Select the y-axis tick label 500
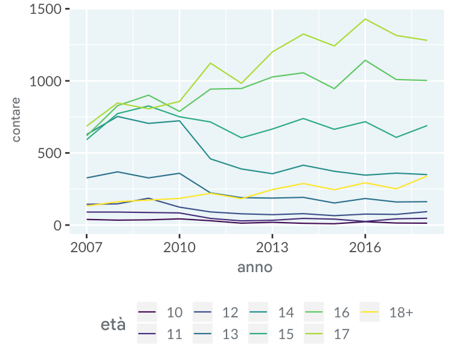coord(49,153)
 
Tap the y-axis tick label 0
coord(57,225)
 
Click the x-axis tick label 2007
coord(86,247)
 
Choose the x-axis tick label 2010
coord(179,247)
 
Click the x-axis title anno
coord(254,267)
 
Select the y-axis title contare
coord(16,119)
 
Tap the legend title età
coord(113,325)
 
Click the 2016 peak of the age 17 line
coord(365,19)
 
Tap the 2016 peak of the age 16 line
coord(365,60)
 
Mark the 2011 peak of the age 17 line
coord(210,63)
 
